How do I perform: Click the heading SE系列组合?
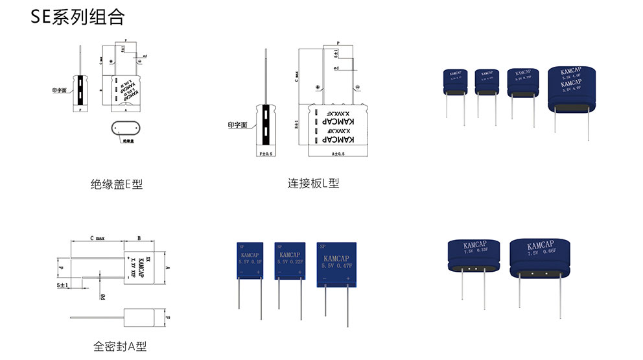78,18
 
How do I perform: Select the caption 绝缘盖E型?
117,184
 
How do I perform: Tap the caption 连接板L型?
313,184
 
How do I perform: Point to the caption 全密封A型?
120,346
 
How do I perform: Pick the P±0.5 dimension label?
266,154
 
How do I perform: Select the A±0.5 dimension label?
337,154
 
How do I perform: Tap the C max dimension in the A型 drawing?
97,239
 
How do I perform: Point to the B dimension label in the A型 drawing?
141,239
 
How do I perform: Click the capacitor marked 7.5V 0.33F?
474,256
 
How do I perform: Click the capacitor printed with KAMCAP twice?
570,91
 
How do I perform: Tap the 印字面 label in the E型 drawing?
60,91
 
